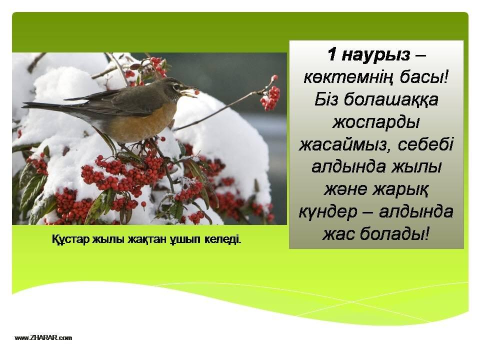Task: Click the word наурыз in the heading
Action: point(375,55)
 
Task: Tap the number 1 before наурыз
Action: point(332,54)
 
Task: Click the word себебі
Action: point(425,144)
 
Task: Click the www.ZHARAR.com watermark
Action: point(43,338)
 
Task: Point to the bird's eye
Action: point(176,86)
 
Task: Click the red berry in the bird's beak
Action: point(196,92)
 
